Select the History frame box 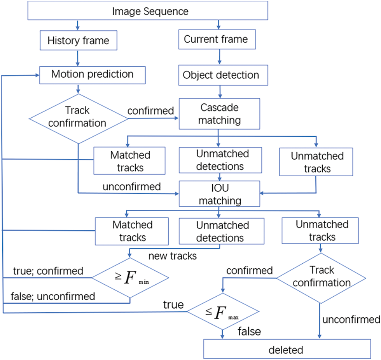pos(78,40)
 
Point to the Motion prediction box pos(93,74)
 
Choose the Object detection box pos(221,75)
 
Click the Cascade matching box pos(219,113)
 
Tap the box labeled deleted pos(287,350)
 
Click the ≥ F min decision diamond pos(130,278)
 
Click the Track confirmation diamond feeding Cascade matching pos(78,118)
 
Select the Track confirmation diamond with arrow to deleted pos(321,277)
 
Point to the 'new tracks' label pos(172,256)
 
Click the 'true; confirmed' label pos(48,271)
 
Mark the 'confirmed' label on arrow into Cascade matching pos(150,111)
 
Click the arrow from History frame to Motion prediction pos(78,58)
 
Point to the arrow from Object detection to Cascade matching pos(220,92)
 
